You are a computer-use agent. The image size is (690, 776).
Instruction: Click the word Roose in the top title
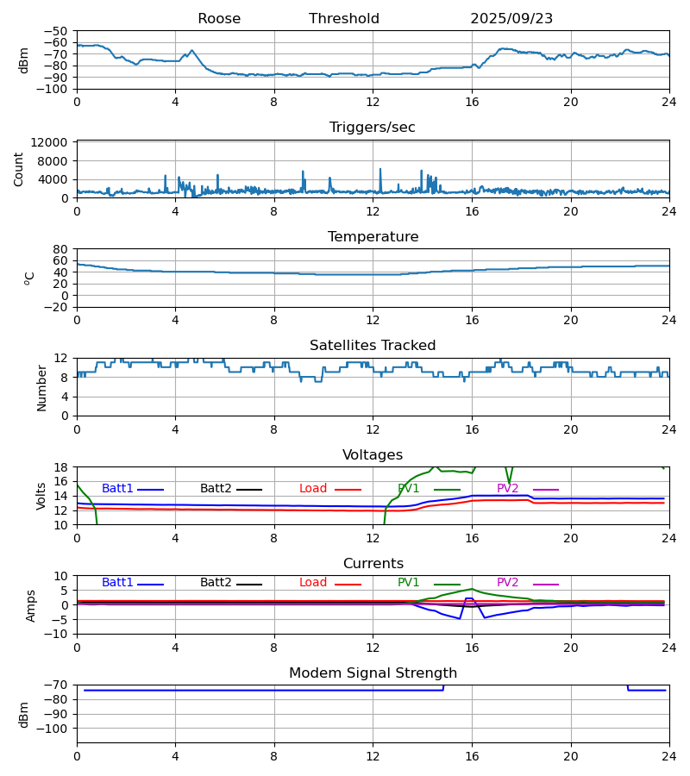(219, 19)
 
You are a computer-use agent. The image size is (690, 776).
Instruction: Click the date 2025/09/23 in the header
(511, 19)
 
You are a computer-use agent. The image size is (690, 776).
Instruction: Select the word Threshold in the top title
(344, 19)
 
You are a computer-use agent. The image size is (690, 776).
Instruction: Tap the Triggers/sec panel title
(373, 128)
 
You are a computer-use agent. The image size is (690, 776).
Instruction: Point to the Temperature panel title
(373, 237)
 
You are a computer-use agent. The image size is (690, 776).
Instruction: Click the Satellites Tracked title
(373, 346)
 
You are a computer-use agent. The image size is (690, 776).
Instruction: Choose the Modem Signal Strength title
(373, 673)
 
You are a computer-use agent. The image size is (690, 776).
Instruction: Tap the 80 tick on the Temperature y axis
(60, 249)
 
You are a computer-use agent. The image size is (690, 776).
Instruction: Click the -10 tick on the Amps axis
(57, 635)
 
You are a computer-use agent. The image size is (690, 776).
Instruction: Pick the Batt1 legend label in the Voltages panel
(117, 489)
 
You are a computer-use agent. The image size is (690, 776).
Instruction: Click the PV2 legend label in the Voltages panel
(508, 489)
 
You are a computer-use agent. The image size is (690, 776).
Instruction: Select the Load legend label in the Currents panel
(313, 583)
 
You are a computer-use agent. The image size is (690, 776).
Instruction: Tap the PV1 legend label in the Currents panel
(409, 583)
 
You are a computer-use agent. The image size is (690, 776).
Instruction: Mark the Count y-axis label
(20, 170)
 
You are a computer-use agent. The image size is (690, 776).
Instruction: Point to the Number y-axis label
(42, 387)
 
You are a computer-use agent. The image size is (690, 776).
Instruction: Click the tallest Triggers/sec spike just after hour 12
(379, 170)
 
